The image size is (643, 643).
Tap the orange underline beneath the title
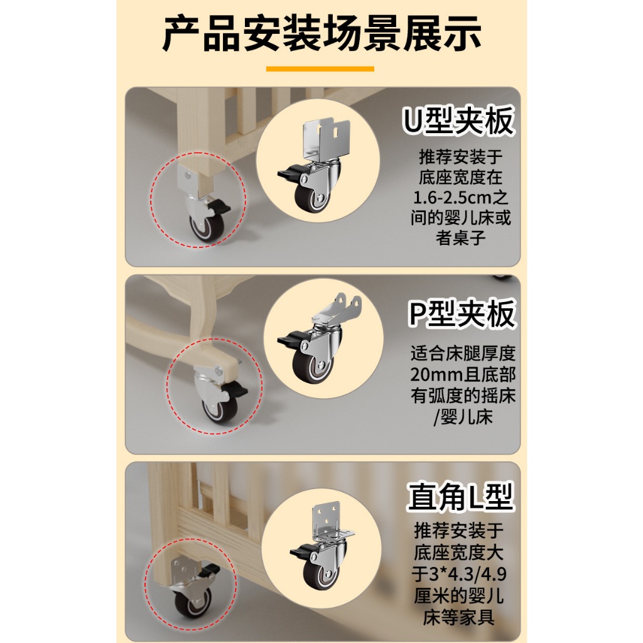tap(320, 69)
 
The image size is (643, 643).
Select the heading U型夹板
tap(458, 121)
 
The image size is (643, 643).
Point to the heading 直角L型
tap(460, 496)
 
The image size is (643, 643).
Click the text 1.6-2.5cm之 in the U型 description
tap(460, 198)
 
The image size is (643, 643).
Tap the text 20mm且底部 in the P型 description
tap(463, 374)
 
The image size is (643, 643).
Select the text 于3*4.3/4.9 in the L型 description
tap(459, 574)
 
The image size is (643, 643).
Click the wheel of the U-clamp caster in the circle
tap(311, 197)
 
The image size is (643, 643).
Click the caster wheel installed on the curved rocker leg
tap(219, 409)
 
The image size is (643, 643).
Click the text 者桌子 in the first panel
tap(460, 238)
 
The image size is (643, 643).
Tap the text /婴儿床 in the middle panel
tap(463, 417)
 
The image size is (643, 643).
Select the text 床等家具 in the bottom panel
tap(458, 617)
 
